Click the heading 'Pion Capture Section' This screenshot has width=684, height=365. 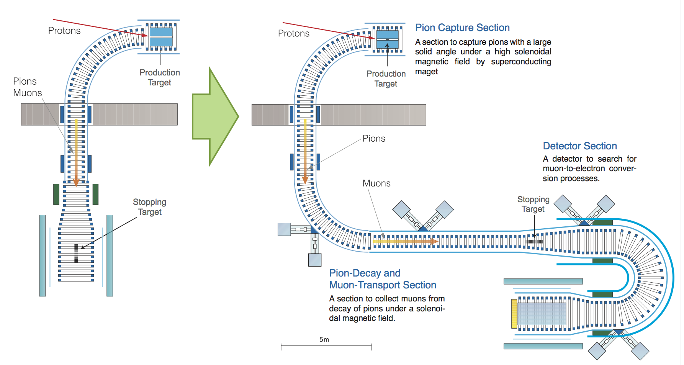pos(462,28)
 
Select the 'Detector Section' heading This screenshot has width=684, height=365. pos(579,146)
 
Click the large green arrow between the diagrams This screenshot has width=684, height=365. pos(214,116)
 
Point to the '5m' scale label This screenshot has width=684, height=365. pos(324,340)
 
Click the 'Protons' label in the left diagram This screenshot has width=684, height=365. pos(64,31)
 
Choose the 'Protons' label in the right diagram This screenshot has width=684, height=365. pos(293,33)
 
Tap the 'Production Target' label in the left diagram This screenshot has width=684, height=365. pos(160,77)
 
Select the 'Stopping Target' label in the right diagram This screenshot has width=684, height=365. pos(533,204)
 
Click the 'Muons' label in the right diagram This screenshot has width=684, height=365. pos(376,183)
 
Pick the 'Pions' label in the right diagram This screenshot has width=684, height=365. pos(374,139)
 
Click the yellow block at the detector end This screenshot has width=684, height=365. pos(514,314)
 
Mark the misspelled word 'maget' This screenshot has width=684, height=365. pos(426,72)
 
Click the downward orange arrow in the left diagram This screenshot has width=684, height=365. pos(76,153)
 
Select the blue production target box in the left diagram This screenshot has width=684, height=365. pos(161,36)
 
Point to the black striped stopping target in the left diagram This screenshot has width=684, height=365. pos(76,253)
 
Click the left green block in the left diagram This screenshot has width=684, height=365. pos(56,194)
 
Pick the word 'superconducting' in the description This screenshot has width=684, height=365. pos(521,62)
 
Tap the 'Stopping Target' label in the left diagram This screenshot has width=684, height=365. pos(149,207)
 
